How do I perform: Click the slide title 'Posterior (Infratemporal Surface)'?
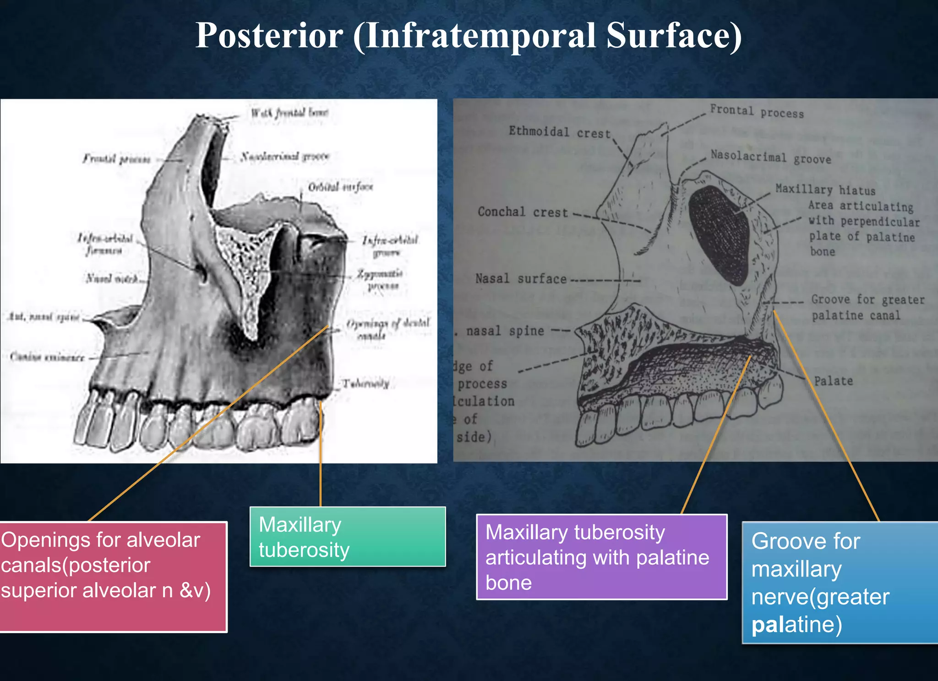tap(468, 36)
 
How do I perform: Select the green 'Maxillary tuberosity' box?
tap(347, 536)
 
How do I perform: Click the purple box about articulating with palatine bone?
tap(601, 557)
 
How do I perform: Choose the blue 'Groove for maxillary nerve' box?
tap(840, 583)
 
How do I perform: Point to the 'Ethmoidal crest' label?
tap(560, 133)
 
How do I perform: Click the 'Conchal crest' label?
tap(523, 212)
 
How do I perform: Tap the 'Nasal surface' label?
tap(521, 278)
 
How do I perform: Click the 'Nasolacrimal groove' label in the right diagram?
tap(770, 157)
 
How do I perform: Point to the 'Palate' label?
tap(833, 381)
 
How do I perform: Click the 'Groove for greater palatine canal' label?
tap(867, 307)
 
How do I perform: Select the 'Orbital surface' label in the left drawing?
tap(340, 187)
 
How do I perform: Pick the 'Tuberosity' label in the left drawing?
tap(366, 384)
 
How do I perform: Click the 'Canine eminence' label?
tap(47, 357)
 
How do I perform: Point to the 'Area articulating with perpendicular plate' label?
tap(863, 229)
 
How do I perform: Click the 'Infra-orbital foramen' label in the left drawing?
tap(105, 244)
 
